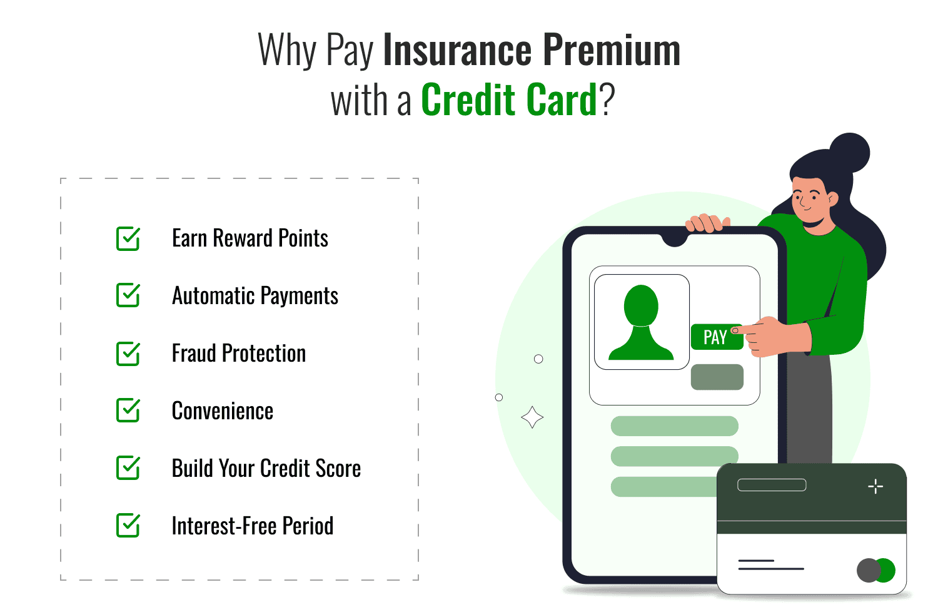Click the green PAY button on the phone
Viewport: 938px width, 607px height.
[x=715, y=337]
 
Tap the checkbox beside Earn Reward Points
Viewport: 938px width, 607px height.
[x=128, y=238]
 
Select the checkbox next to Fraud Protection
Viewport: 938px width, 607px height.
[x=128, y=354]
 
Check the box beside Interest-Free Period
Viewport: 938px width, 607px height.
[x=128, y=526]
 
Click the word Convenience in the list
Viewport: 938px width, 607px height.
[x=223, y=411]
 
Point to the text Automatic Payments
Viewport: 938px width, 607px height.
[x=255, y=296]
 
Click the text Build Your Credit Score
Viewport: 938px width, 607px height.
[x=266, y=469]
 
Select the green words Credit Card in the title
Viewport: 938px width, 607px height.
[x=509, y=100]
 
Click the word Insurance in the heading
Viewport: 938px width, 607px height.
[x=457, y=50]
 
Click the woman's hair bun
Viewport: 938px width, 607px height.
[x=849, y=153]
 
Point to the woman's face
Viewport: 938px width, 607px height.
[x=809, y=198]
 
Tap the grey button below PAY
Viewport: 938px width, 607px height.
[x=717, y=377]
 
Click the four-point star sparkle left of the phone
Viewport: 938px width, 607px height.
[x=532, y=417]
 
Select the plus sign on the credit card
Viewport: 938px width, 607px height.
[x=875, y=486]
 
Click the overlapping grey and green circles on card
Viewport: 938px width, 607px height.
[x=875, y=570]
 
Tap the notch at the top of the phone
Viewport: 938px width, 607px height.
[x=675, y=239]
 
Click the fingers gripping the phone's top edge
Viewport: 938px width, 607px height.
[x=707, y=223]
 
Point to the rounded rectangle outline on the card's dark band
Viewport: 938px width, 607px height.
[x=772, y=485]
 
